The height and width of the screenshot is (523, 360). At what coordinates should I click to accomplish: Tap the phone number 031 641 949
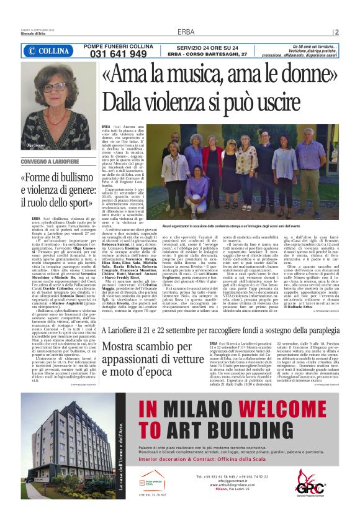click(x=115, y=54)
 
